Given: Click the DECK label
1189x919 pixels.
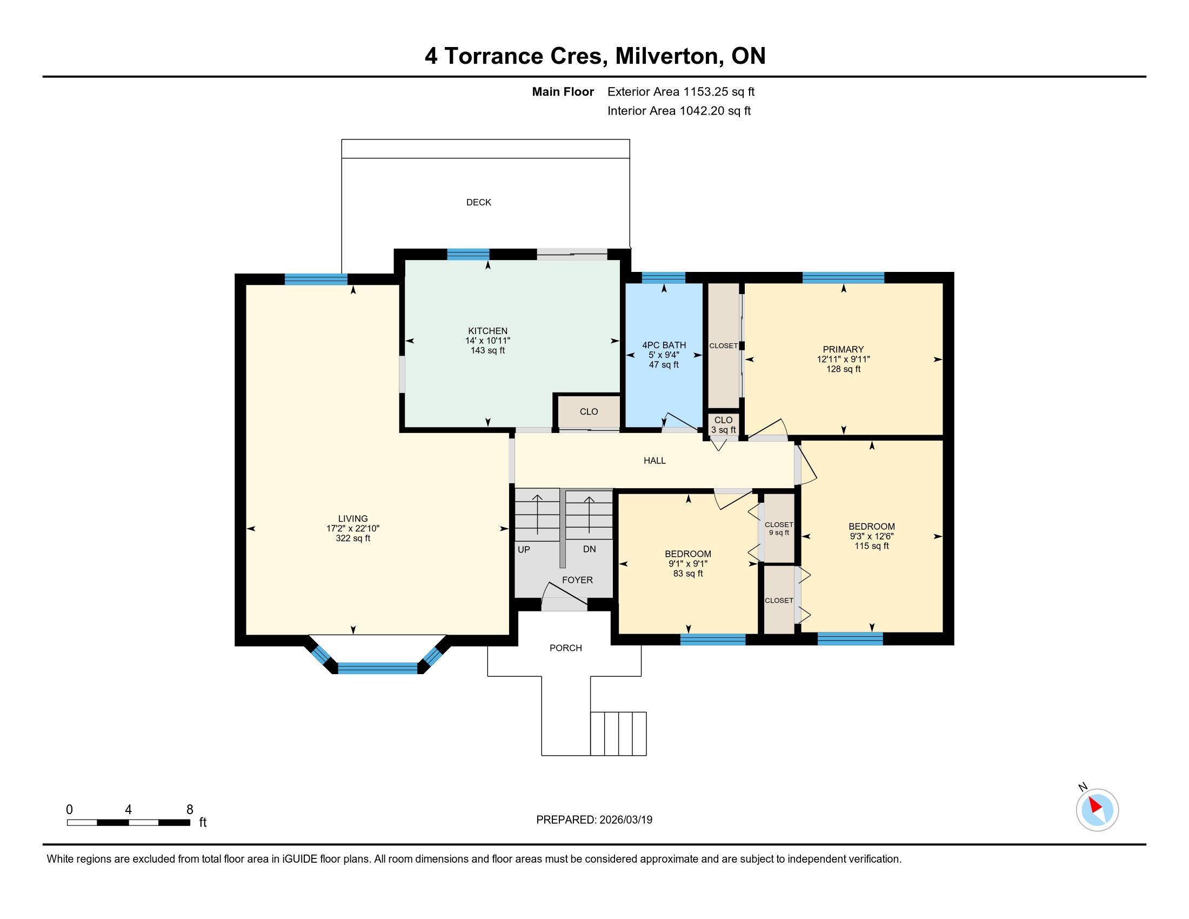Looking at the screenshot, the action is (478, 202).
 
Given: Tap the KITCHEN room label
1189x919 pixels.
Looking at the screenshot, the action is (488, 330).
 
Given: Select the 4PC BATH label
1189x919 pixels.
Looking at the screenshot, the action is (664, 345).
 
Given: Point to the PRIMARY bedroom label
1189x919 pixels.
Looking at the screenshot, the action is (843, 349).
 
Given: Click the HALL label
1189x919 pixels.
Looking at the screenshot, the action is (654, 460).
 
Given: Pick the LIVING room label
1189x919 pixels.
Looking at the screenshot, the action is (353, 518).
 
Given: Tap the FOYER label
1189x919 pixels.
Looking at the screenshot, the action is (577, 580).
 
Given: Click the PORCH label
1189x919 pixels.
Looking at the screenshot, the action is (566, 648).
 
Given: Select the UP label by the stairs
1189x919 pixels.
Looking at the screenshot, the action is (524, 549).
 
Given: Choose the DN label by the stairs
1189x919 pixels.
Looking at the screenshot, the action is (589, 549).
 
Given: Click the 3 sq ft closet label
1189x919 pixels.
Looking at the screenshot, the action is (724, 430).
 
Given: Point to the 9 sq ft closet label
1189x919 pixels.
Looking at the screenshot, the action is (779, 532).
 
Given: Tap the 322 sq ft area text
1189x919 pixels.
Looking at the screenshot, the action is (353, 538).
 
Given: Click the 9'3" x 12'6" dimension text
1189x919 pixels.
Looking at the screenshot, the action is (872, 536).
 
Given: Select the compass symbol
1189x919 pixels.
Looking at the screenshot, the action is (1097, 810).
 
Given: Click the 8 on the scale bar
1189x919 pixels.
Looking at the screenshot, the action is (190, 810).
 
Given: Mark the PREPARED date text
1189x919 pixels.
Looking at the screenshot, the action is (594, 820).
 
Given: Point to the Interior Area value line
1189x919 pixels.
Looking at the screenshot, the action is (679, 110).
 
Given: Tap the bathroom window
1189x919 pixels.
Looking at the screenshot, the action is (663, 278).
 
